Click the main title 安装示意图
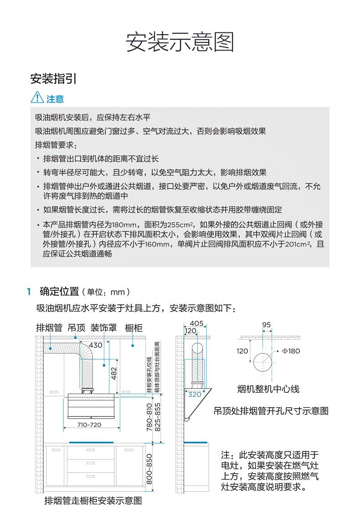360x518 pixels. tap(180, 42)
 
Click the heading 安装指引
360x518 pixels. tap(53, 79)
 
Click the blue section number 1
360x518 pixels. tap(29, 292)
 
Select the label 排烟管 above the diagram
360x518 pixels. tap(49, 328)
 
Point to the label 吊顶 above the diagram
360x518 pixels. tap(76, 328)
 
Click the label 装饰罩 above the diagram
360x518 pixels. tap(103, 328)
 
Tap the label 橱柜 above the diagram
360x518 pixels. tap(133, 328)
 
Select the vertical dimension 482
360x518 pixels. tap(114, 373)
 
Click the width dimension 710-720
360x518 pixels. tap(89, 425)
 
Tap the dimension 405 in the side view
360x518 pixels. tap(196, 323)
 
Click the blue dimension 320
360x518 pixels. tap(195, 395)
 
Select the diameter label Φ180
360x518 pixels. tap(291, 351)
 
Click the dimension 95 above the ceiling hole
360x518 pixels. tap(267, 325)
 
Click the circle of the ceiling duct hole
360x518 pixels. tap(263, 364)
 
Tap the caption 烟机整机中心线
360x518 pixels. tap(268, 389)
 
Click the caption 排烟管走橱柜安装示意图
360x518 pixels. tap(93, 501)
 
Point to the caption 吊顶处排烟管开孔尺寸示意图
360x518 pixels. tap(271, 411)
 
